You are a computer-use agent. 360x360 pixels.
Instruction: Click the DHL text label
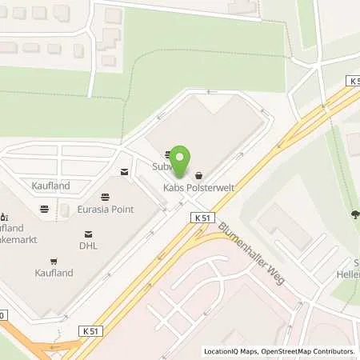[x=88, y=246]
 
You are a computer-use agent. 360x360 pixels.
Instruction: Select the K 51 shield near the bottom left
[x=93, y=330]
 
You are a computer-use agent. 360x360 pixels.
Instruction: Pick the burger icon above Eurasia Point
[x=106, y=197]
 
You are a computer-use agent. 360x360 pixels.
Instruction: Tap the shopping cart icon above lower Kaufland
[x=54, y=261]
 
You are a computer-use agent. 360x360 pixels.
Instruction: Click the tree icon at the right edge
[x=354, y=214]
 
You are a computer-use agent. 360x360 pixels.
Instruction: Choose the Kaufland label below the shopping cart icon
[x=54, y=273]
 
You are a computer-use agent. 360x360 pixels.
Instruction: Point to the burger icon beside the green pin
[x=168, y=155]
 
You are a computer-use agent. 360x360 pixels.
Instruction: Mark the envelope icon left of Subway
[x=123, y=172]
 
